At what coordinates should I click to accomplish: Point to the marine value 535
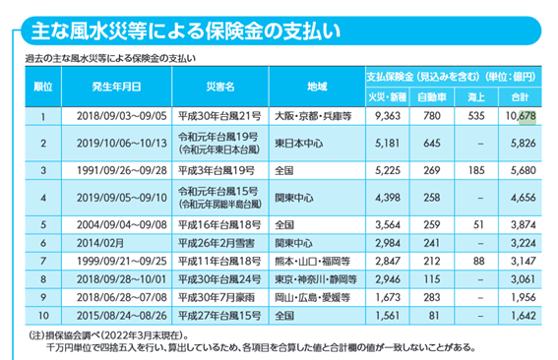click(x=477, y=116)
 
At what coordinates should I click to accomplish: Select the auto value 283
click(x=431, y=297)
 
